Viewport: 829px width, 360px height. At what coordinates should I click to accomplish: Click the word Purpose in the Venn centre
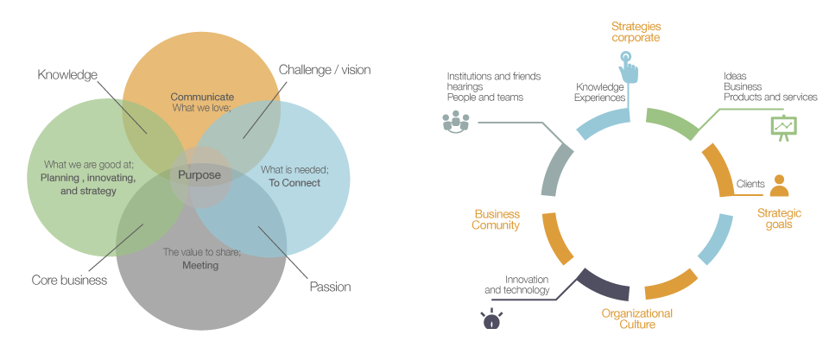(199, 175)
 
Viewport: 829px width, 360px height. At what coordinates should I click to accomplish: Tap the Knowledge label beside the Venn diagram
(67, 74)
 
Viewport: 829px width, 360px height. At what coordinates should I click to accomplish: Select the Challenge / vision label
(325, 69)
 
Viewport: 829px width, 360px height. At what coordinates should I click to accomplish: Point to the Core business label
(69, 280)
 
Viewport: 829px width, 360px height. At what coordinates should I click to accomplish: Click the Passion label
(330, 287)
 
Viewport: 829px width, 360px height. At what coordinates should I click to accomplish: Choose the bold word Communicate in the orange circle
(202, 97)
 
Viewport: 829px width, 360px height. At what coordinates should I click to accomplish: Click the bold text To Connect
(294, 183)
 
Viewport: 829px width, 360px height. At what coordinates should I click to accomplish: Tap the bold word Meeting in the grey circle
(200, 265)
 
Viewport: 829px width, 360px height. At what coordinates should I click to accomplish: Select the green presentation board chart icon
(783, 127)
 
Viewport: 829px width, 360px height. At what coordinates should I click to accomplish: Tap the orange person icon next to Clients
(780, 186)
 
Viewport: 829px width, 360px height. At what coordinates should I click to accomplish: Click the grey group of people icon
(455, 122)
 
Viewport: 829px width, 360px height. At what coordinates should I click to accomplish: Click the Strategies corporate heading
(636, 32)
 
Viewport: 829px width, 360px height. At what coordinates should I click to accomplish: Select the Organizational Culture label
(636, 319)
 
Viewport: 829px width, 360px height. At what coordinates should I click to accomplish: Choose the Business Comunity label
(496, 219)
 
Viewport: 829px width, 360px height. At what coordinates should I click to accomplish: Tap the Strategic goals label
(779, 218)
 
